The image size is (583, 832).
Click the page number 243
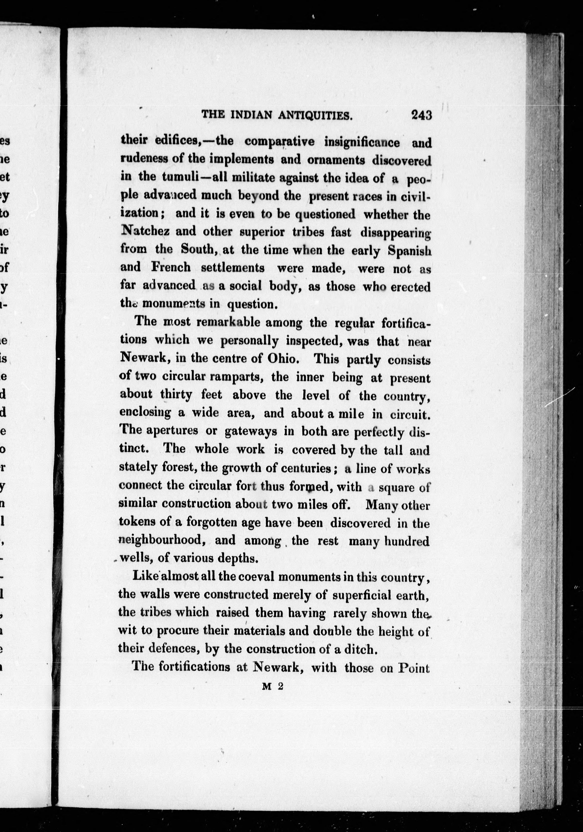(421, 115)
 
